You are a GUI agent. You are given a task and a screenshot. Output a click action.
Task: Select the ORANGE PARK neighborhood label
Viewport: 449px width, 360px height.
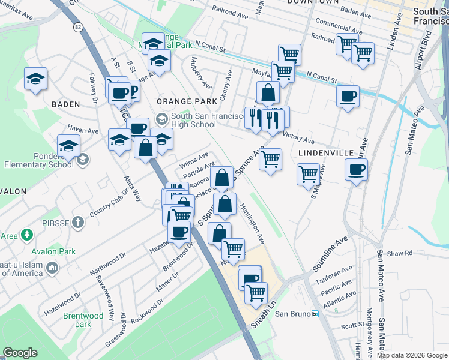pos(178,102)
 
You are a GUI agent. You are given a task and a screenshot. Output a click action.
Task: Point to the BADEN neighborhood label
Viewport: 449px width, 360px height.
pos(65,104)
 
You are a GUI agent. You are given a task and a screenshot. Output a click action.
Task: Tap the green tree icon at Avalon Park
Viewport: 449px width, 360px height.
pos(26,235)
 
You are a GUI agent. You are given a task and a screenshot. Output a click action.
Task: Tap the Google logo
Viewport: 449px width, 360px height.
pos(20,353)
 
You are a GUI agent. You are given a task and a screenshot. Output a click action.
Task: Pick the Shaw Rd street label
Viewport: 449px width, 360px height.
pos(400,253)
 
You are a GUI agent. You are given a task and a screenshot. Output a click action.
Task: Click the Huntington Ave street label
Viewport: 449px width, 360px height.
pos(252,222)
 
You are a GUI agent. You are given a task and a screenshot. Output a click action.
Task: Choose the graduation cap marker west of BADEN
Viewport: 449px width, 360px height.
pos(35,79)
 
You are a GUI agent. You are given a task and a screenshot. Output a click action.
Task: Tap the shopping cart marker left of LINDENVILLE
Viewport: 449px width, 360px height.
pos(271,160)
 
